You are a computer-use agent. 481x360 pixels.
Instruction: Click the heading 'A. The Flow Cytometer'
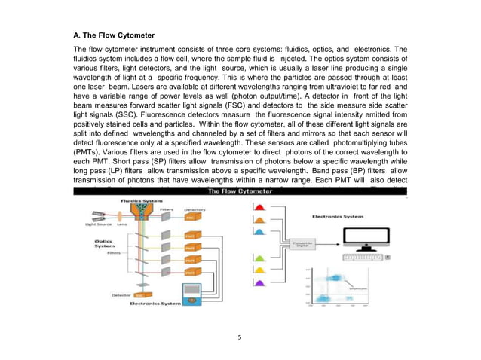[113, 35]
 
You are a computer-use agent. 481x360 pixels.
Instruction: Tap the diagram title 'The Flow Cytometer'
[240, 191]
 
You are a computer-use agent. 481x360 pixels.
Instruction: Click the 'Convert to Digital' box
[304, 244]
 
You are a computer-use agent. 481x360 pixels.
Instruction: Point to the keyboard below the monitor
[363, 257]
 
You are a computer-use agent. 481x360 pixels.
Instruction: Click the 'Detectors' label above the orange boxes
[195, 210]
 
